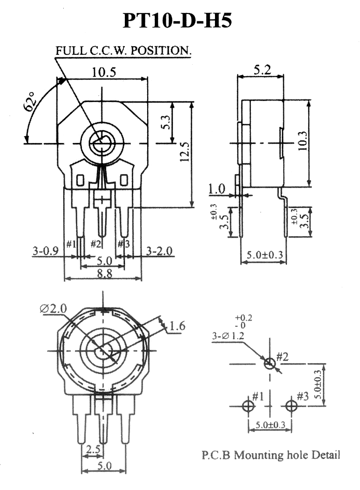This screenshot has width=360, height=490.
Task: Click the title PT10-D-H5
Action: point(177,21)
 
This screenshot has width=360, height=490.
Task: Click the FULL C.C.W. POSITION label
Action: point(123,50)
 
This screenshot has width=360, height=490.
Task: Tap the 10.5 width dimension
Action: point(104,72)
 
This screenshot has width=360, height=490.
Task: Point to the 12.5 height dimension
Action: point(185,152)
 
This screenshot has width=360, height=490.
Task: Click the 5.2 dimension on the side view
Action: point(262,69)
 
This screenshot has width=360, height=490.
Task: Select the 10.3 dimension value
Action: point(302,141)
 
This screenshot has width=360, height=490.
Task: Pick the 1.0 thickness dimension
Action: point(217,189)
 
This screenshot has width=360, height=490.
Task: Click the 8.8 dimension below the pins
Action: point(105,274)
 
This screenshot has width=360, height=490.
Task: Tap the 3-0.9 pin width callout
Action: point(45,251)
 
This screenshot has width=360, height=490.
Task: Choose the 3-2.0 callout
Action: point(160,251)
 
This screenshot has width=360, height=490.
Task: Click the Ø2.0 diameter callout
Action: point(53,309)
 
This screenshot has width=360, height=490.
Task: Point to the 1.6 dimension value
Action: point(178,326)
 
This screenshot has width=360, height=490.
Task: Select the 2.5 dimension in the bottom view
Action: point(93,450)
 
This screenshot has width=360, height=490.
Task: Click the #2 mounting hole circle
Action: point(270,364)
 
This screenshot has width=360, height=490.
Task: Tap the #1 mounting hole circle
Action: point(248,406)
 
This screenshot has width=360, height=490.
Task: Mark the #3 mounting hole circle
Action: point(291,406)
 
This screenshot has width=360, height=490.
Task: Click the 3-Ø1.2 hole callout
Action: point(228,336)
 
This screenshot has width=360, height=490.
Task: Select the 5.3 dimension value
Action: point(167,122)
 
